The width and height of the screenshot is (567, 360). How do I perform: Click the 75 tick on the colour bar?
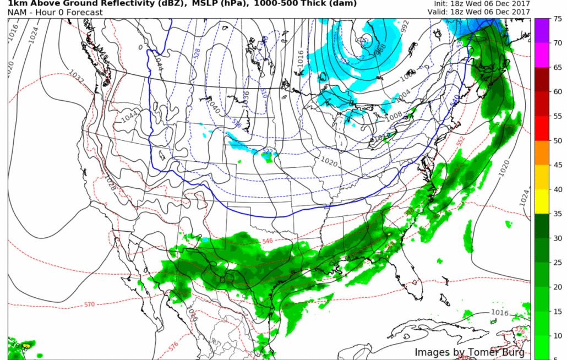tap(557, 19)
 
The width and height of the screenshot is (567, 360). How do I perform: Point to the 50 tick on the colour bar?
tap(557, 140)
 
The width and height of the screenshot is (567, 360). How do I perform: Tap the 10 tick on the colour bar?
tap(557, 335)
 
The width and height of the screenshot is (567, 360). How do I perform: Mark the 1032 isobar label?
tap(77, 77)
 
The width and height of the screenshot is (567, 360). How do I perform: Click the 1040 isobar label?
tap(213, 105)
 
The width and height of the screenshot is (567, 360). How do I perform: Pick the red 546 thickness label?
tap(268, 241)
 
